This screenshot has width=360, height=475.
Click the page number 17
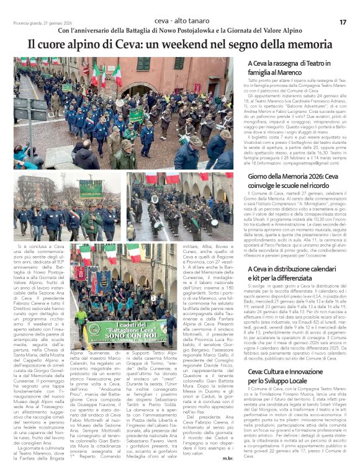343,22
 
